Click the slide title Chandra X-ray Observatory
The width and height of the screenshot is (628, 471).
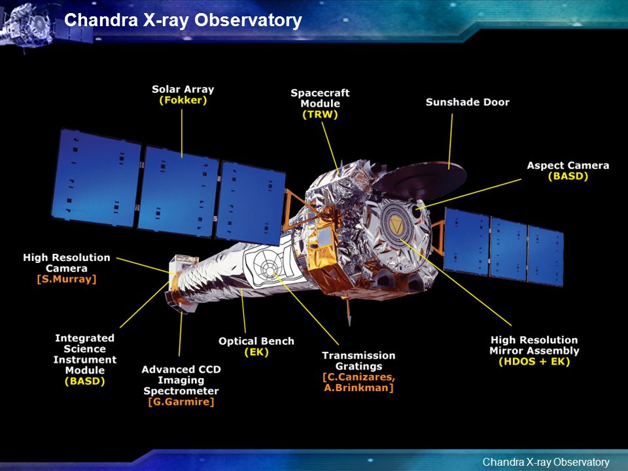(x=183, y=20)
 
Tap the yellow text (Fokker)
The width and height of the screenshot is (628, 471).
(x=183, y=100)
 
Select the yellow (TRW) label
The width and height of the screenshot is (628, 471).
(x=320, y=114)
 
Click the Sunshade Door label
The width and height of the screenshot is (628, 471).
(x=467, y=102)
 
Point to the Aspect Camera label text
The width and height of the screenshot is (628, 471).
(x=568, y=166)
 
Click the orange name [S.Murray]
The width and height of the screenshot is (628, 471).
(x=67, y=279)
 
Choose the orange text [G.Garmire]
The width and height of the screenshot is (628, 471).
(x=181, y=402)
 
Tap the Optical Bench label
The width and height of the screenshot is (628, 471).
(x=256, y=341)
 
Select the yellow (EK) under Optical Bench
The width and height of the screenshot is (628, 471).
(x=256, y=353)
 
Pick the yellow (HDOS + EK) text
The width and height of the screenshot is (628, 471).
(x=534, y=362)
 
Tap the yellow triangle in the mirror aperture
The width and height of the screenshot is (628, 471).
(x=398, y=227)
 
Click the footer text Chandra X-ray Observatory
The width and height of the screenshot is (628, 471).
(x=546, y=462)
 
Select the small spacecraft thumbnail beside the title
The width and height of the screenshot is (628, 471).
(x=28, y=25)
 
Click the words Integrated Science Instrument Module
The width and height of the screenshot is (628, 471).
(x=85, y=354)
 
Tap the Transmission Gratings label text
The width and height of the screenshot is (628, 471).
(x=359, y=361)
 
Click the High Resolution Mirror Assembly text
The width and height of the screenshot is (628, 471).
(x=534, y=345)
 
